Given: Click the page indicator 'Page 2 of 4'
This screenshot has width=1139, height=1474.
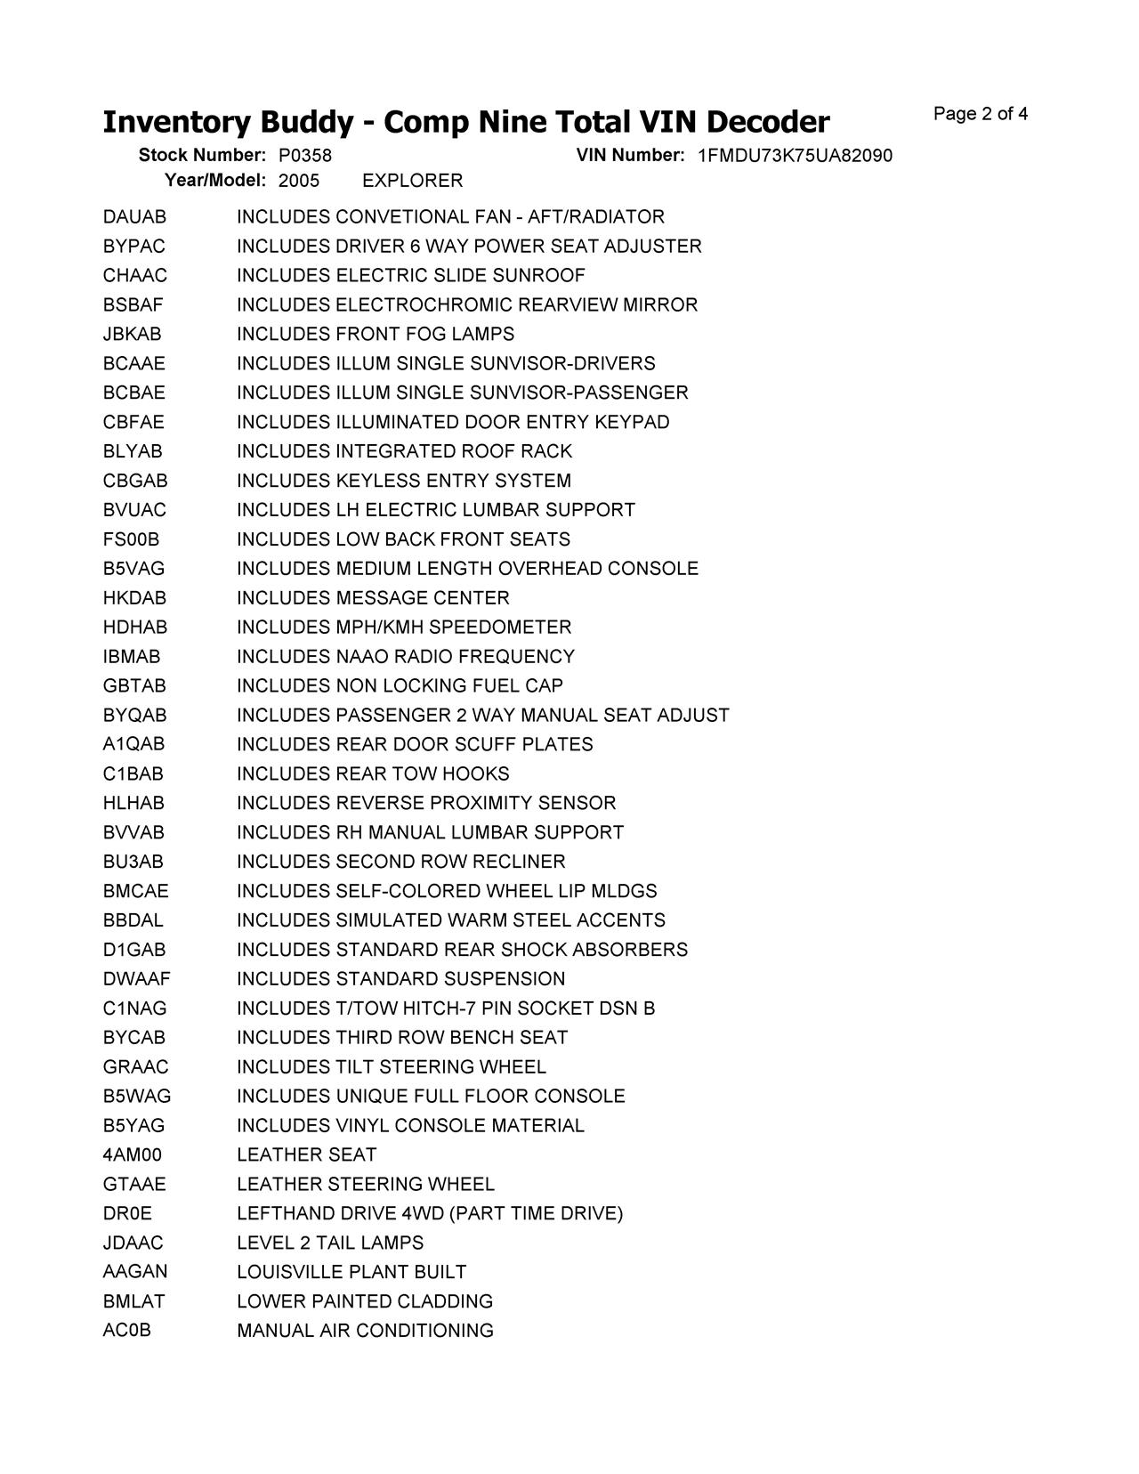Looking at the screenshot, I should point(980,114).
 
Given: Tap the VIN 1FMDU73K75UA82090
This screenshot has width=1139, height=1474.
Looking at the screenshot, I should point(795,156).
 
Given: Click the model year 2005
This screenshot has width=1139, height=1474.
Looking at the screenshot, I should point(298,181).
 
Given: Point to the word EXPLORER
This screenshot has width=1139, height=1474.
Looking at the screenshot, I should point(413,181).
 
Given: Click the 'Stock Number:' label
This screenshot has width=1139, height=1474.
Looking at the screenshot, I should point(202,156).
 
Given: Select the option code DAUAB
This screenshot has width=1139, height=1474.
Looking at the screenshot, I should point(134,217).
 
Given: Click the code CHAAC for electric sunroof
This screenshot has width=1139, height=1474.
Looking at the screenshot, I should point(134,276).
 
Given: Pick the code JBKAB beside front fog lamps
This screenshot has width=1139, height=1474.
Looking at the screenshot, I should point(132,335).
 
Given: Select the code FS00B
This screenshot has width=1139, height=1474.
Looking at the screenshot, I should point(131,539).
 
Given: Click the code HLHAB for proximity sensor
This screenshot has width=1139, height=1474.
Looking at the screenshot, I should point(133,803).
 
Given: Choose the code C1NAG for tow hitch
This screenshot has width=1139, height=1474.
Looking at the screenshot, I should point(134,1008).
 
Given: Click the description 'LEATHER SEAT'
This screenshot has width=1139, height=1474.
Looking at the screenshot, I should point(306,1155).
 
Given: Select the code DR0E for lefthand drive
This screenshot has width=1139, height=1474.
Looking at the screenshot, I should point(127,1214).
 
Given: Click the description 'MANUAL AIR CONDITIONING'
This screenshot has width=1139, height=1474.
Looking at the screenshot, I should point(365,1331).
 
